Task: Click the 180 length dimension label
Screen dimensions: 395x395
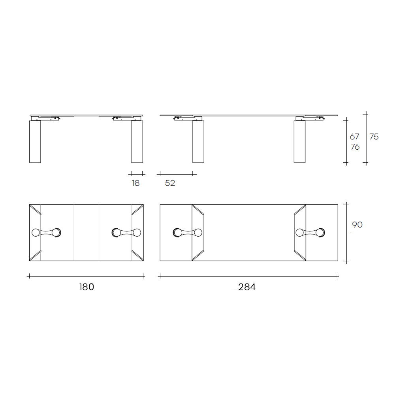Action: point(87,287)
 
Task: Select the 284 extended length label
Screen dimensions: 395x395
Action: point(247,287)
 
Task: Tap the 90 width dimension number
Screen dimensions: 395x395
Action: point(357,224)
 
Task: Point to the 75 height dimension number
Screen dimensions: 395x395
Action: point(374,137)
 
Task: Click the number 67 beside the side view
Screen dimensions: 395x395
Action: point(354,137)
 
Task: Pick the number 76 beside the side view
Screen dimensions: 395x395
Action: point(355,147)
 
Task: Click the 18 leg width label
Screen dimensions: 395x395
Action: point(135,183)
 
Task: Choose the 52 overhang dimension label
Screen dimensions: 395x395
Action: point(170,183)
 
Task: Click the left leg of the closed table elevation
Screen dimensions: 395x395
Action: point(35,141)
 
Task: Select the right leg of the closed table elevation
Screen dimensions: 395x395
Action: point(137,141)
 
